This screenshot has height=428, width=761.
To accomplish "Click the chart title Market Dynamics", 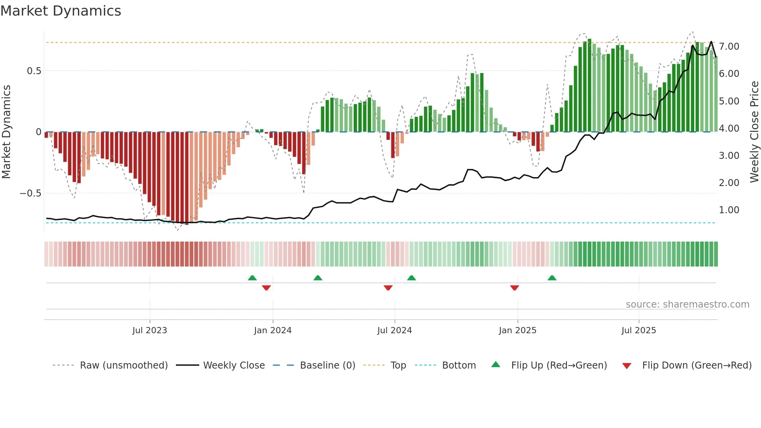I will (x=61, y=11).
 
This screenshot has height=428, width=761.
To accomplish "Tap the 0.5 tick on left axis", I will (x=34, y=71).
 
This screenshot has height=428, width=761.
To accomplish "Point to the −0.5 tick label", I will (x=30, y=193).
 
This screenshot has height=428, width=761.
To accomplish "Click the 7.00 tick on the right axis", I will (x=729, y=47).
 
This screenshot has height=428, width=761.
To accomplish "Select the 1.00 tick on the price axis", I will (x=729, y=210).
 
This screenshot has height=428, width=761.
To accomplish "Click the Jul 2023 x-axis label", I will (x=149, y=331).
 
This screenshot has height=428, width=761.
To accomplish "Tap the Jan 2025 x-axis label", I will (x=517, y=331).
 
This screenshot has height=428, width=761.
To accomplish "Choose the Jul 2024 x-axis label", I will (x=394, y=331).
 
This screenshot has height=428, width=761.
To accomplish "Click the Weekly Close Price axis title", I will (x=754, y=132).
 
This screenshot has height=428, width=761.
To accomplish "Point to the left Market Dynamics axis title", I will (x=7, y=132).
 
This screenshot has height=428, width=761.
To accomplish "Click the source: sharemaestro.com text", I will (x=687, y=304).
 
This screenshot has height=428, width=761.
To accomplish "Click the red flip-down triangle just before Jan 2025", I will (x=514, y=288).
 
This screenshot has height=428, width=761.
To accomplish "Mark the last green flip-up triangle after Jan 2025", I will (x=552, y=278).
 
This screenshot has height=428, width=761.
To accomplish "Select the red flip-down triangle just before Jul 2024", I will (x=388, y=288).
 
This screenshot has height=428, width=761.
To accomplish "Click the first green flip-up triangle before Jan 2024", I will (x=252, y=278).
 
